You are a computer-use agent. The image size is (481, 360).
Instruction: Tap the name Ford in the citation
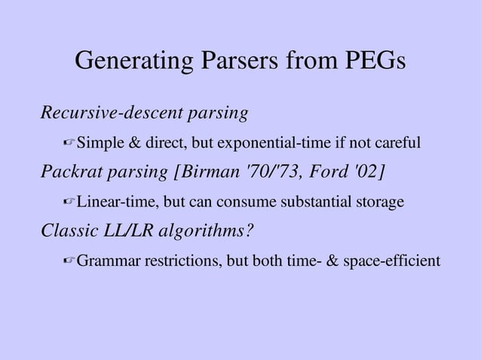click(x=325, y=172)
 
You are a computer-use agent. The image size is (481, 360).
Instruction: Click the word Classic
click(x=69, y=231)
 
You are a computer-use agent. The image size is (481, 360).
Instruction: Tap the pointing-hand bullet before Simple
click(x=69, y=143)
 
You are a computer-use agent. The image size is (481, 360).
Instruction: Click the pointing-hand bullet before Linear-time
click(x=69, y=202)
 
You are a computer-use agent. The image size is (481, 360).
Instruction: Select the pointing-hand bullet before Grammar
click(x=69, y=261)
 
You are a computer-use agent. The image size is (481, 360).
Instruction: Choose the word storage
click(x=379, y=202)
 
